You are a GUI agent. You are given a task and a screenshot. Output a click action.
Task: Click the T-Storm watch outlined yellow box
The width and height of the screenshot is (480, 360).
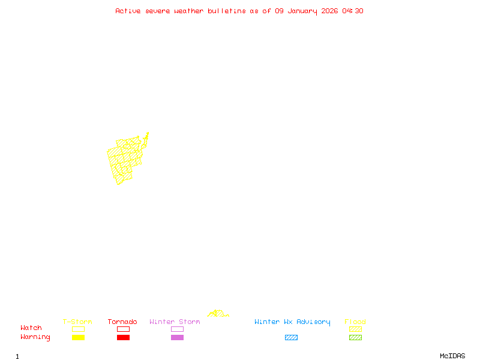point(78,329)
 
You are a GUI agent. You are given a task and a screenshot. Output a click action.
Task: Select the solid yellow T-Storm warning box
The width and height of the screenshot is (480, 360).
point(78,338)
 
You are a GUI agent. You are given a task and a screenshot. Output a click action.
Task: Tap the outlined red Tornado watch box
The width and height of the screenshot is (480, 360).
point(123,329)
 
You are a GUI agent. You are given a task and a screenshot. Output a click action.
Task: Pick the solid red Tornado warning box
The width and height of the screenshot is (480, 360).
point(123,338)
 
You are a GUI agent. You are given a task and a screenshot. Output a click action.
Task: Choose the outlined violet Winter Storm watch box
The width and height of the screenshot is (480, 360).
point(177,329)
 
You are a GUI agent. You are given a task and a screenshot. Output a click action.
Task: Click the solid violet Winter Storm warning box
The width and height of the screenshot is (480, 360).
point(177,338)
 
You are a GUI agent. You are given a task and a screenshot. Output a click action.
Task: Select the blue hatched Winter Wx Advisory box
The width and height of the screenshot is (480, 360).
point(291,338)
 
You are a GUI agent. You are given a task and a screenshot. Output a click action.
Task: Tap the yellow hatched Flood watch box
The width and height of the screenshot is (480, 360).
point(355,329)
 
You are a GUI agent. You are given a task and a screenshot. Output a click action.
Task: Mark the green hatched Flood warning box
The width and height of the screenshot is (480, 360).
point(355,338)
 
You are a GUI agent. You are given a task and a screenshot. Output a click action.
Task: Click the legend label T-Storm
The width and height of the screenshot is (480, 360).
point(77,322)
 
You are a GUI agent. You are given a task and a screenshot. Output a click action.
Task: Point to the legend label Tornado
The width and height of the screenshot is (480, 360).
point(122,322)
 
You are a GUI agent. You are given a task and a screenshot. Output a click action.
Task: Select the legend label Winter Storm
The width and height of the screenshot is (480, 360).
point(175,322)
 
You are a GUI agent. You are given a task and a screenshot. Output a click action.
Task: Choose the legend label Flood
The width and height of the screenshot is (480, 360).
point(355,322)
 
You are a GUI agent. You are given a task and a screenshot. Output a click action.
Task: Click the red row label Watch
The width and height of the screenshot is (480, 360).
point(31,328)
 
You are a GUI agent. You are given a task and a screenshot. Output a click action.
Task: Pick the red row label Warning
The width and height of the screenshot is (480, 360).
point(35,337)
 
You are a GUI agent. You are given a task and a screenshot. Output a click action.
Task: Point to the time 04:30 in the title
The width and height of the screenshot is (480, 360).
point(353,11)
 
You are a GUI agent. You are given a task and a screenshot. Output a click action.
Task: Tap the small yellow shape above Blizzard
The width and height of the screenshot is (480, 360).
point(218,314)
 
